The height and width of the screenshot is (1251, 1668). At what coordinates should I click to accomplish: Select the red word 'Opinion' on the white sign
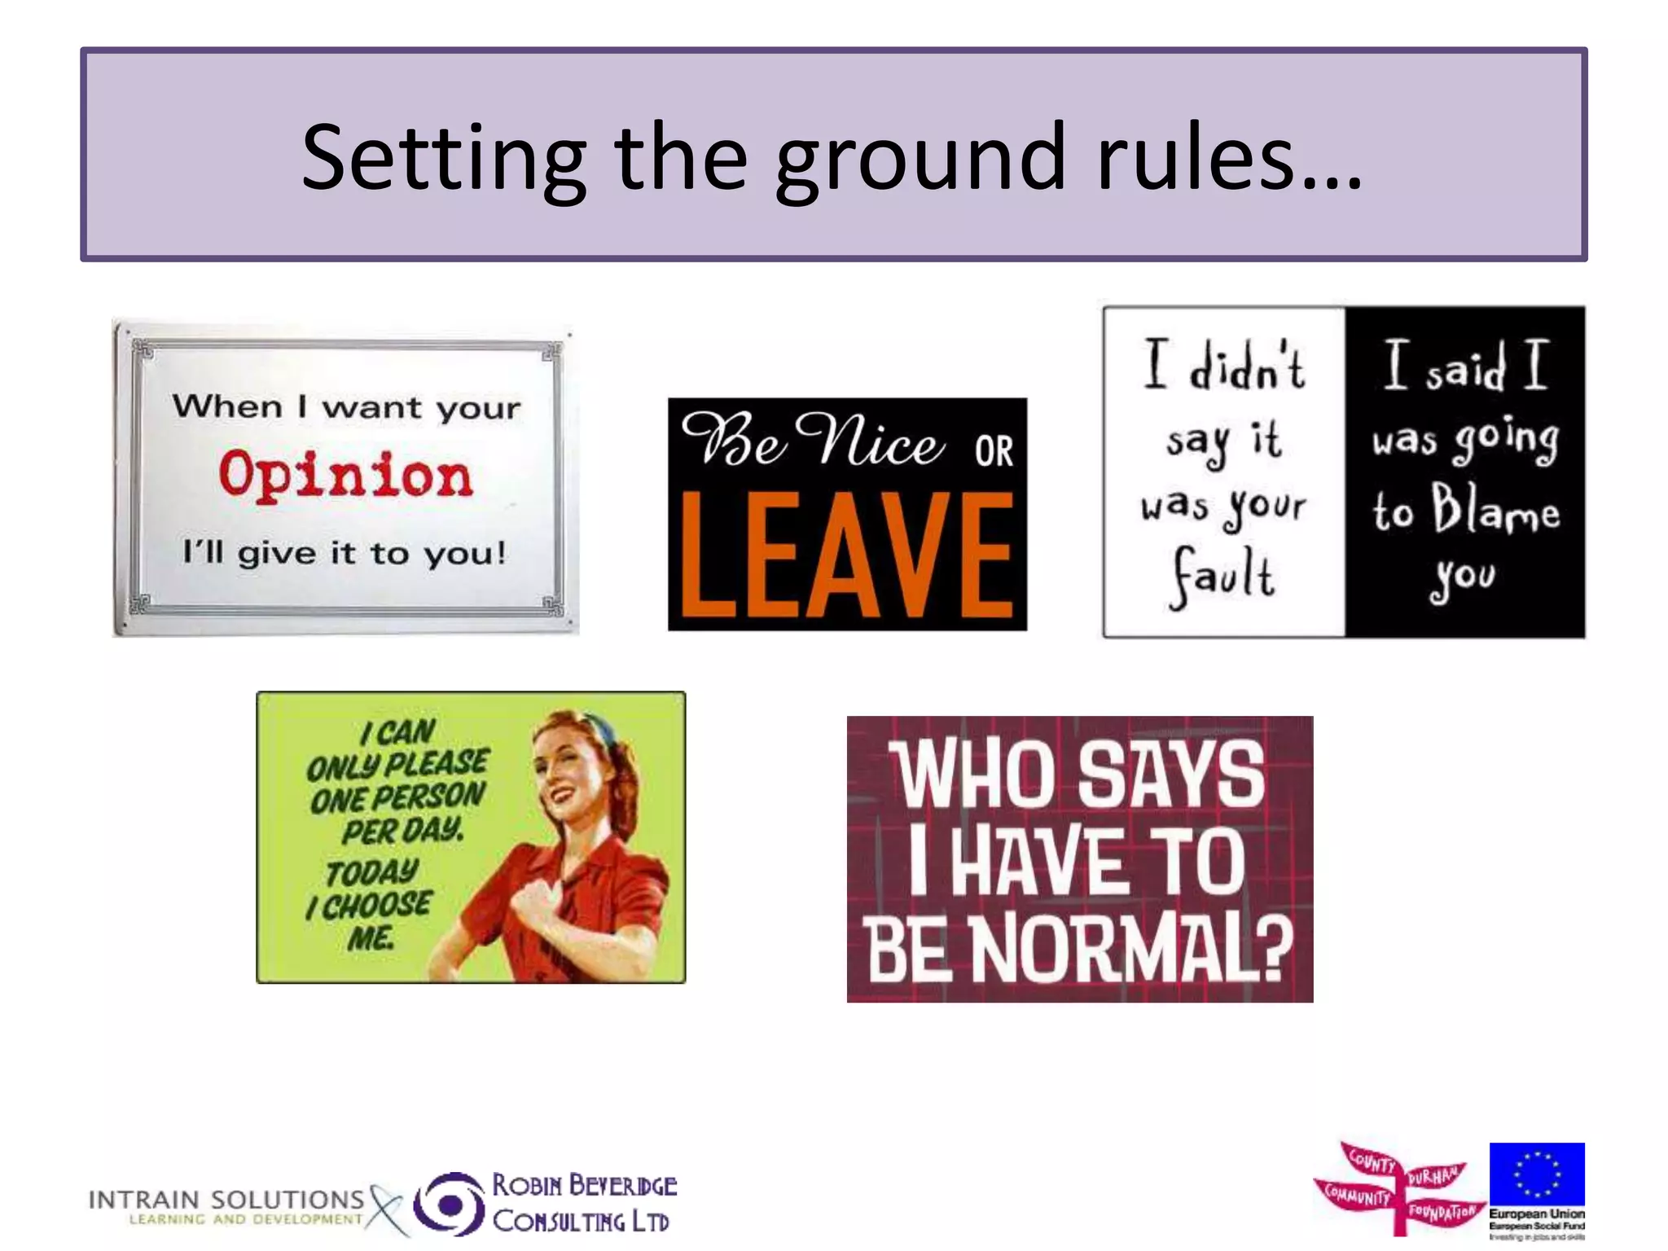[345, 475]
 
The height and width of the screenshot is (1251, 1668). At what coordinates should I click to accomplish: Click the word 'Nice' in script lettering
[870, 441]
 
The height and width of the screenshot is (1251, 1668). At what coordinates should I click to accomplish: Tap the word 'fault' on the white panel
[1222, 577]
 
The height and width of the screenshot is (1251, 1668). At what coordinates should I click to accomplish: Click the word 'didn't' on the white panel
[1247, 367]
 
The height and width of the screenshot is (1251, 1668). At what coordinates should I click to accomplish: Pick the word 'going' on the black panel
[1507, 440]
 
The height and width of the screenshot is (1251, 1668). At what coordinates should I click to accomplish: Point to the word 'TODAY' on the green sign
[372, 872]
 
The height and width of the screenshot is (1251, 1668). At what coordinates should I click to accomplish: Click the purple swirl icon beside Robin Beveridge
[449, 1202]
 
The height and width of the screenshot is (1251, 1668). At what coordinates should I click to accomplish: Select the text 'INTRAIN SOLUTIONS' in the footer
[226, 1200]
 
